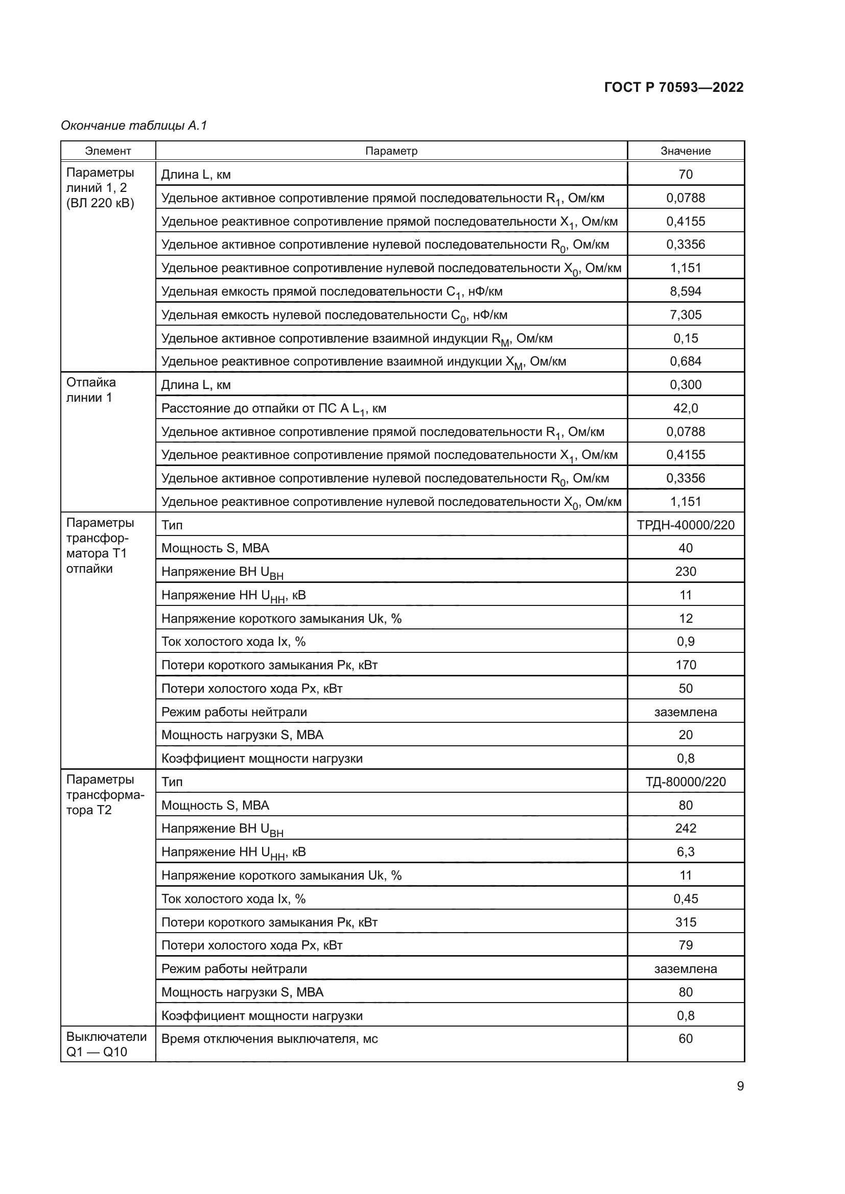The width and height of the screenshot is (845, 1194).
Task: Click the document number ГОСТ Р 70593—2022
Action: click(x=673, y=87)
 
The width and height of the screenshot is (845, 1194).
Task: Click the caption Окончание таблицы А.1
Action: click(x=134, y=126)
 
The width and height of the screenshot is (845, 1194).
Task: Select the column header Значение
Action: click(x=685, y=151)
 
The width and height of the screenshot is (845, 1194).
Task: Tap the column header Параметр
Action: click(x=391, y=151)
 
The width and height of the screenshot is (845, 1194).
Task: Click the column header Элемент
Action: click(x=108, y=151)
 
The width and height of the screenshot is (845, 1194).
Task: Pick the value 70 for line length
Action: click(x=685, y=174)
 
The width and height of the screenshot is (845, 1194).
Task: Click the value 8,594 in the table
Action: click(x=685, y=291)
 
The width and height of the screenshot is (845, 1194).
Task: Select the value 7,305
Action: click(x=685, y=314)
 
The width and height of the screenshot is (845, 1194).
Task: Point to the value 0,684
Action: click(x=685, y=361)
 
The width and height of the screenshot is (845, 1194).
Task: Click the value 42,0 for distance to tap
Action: click(x=685, y=408)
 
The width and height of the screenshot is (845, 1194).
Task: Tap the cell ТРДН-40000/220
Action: click(x=685, y=525)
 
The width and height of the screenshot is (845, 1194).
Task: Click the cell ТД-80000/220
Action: click(x=685, y=782)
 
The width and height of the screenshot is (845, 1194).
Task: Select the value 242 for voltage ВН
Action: click(x=685, y=828)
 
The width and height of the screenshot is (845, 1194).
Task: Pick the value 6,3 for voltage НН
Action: click(x=685, y=851)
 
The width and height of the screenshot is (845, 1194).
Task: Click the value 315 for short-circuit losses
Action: click(x=685, y=922)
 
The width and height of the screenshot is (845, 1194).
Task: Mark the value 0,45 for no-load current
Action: click(x=685, y=898)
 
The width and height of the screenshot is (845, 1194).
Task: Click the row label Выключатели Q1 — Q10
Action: click(x=106, y=1044)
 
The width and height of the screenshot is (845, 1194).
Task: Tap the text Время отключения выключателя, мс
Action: click(x=269, y=1038)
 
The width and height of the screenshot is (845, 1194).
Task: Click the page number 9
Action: click(x=740, y=1086)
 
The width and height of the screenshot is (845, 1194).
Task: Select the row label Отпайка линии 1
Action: click(x=90, y=390)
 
